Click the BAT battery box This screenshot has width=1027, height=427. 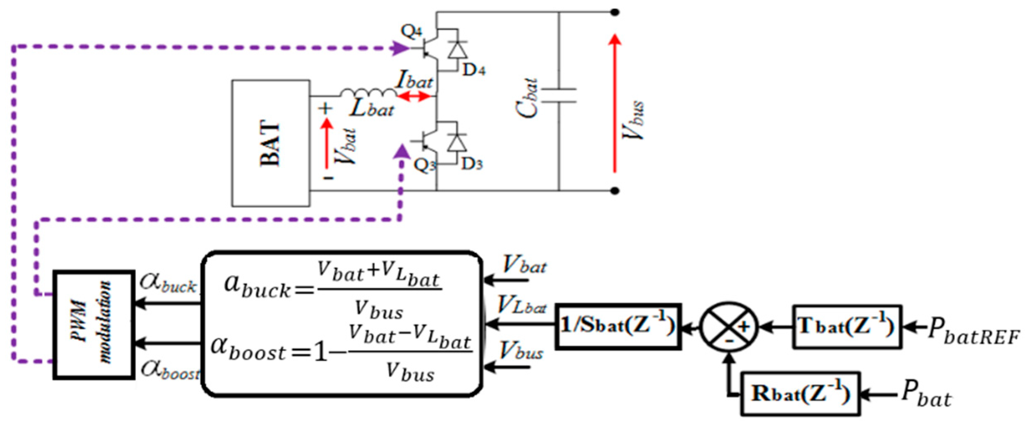[271, 143]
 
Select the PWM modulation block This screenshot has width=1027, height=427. [94, 325]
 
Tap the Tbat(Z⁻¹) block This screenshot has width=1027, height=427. [847, 327]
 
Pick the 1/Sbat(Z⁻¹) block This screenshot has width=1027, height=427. [618, 326]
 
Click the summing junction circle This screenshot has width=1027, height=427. [728, 327]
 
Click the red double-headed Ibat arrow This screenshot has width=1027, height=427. [414, 97]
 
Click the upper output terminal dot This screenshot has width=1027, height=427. [615, 12]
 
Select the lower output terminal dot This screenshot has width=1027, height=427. [615, 191]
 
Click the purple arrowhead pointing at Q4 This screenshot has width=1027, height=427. [401, 48]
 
